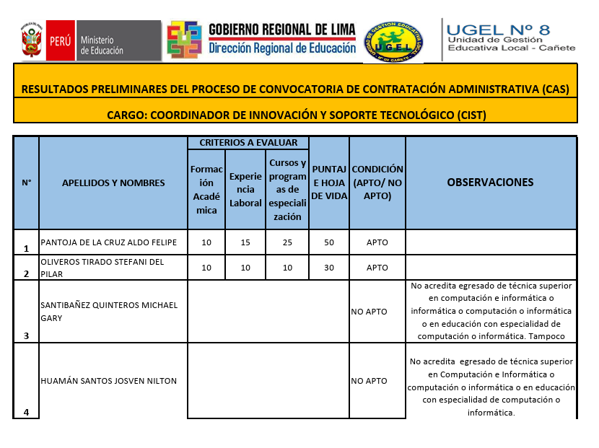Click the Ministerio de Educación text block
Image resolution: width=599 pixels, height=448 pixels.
pos(102,45)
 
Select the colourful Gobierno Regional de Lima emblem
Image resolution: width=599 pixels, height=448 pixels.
pos(184,40)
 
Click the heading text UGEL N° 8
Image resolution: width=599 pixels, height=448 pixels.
pos(499,30)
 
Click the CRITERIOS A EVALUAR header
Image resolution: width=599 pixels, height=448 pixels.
pos(248,143)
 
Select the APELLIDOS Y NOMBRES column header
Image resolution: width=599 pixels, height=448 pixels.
pos(113,183)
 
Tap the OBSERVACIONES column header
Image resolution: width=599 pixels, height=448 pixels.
pos(491,183)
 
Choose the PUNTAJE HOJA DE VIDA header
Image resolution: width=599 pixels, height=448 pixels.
pos(329,183)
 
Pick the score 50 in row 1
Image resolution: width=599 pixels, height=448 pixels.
pos(329,242)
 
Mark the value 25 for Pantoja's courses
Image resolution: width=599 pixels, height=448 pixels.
pos(288,242)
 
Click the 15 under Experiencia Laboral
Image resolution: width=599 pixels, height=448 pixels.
pos(245,242)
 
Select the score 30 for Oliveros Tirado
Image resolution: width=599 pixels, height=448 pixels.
pos(329,268)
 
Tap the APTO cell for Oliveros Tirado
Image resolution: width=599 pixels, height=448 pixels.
pos(377,268)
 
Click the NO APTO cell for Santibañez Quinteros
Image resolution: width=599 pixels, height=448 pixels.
pos(370,312)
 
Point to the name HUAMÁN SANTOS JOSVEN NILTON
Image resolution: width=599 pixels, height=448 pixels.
pos(109,381)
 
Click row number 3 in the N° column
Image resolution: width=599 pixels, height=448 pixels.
pos(26,335)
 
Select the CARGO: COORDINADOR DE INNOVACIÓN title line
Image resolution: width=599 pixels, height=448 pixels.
pos(296,115)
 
